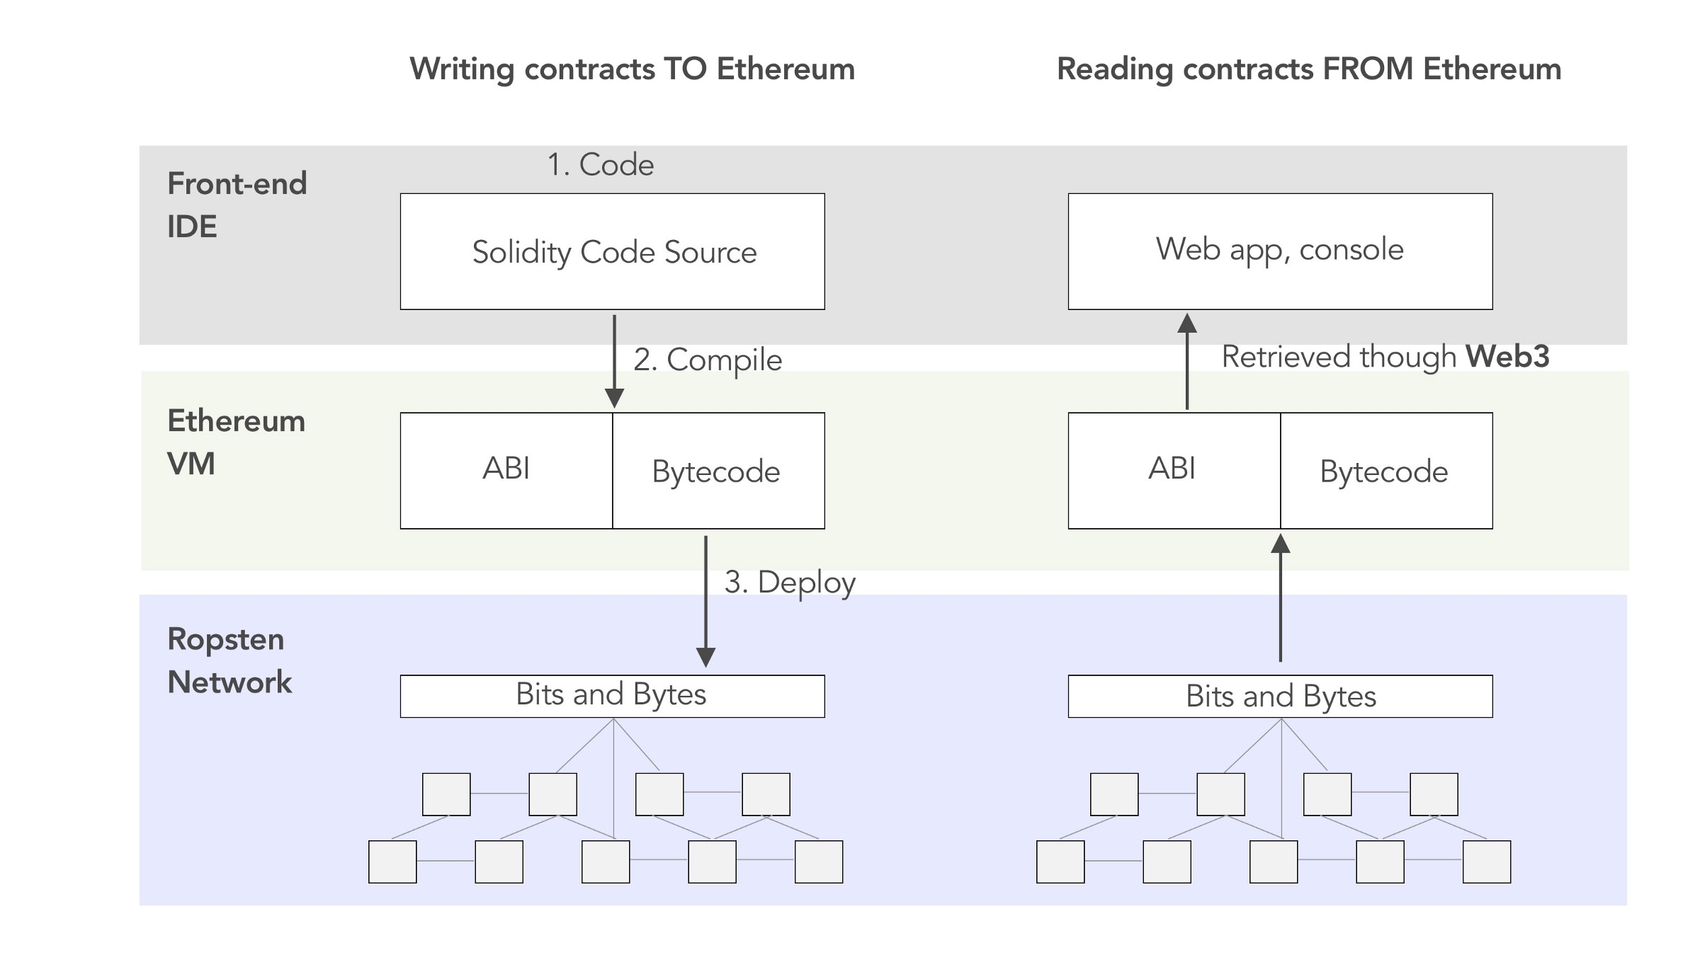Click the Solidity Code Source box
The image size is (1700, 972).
(612, 251)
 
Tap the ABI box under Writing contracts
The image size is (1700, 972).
(506, 470)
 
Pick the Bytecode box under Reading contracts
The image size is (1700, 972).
(1386, 471)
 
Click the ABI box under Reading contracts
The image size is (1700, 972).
(1174, 470)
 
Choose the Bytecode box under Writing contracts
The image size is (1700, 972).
(718, 471)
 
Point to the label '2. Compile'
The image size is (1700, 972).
(707, 360)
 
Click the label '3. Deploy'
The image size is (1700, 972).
(789, 582)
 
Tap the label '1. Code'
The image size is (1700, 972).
(600, 164)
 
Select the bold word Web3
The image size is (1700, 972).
(1507, 356)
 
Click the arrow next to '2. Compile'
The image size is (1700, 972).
(614, 361)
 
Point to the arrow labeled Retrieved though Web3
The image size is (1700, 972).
(1187, 361)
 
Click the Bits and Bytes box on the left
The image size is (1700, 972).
(612, 695)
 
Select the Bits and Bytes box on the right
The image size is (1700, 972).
(1280, 696)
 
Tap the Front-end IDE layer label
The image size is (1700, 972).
(236, 205)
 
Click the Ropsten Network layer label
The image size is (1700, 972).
(229, 660)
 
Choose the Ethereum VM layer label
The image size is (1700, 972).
(235, 442)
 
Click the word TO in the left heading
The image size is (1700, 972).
(684, 69)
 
